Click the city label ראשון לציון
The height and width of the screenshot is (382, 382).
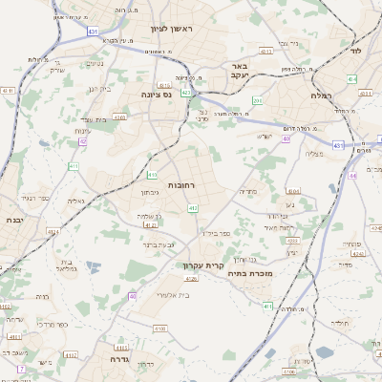tap(171, 30)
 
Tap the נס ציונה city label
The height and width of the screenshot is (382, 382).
tap(156, 94)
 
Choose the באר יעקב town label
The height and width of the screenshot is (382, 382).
tap(239, 71)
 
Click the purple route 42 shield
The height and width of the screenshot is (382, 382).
tap(83, 141)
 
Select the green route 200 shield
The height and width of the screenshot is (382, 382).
tap(257, 100)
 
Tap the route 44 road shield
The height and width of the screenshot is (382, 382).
tap(352, 176)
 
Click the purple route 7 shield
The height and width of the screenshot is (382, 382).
tap(20, 368)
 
